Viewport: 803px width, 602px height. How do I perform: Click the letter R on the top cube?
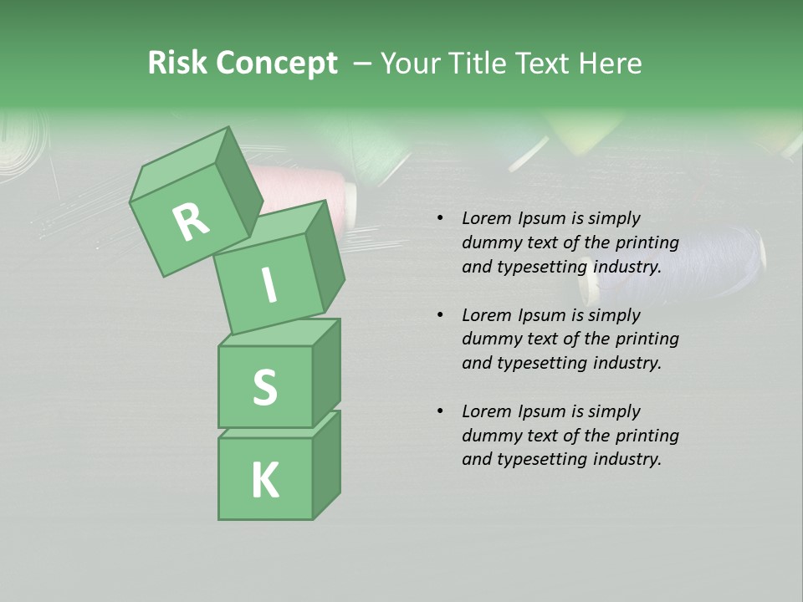191,222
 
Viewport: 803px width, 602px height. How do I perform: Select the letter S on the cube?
264,387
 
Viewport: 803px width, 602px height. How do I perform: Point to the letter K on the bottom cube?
264,480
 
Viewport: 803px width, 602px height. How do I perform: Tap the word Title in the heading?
474,64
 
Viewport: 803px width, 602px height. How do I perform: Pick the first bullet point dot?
440,219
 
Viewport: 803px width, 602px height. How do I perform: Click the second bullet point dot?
440,315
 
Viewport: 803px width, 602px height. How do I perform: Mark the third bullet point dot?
440,411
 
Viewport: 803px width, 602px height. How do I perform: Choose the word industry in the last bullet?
626,459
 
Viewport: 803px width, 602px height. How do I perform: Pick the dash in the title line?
362,64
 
